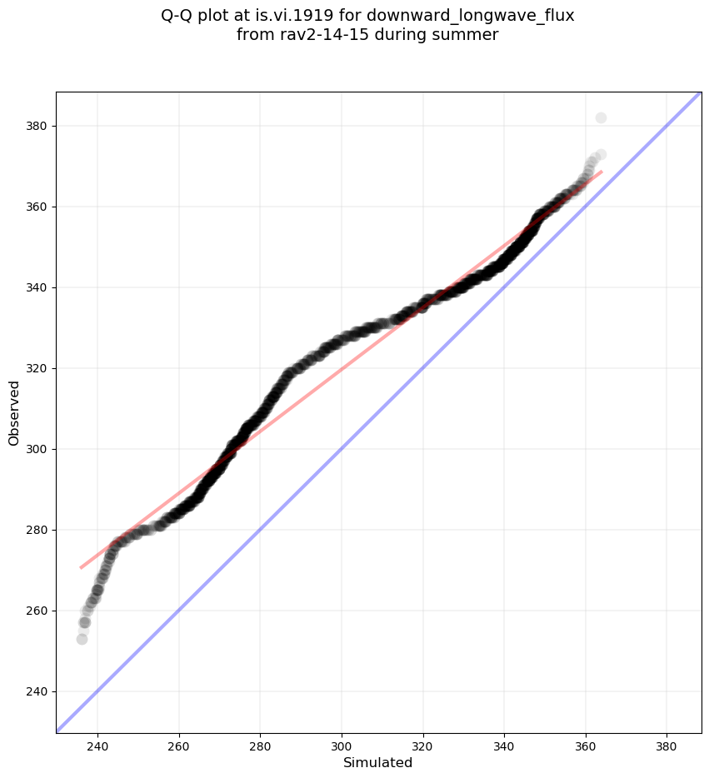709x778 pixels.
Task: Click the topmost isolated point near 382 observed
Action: coord(601,117)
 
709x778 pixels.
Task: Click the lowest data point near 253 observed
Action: coord(82,639)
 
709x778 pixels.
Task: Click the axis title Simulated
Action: coord(378,762)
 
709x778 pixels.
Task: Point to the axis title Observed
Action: coord(14,412)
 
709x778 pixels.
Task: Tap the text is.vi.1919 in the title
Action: coord(317,16)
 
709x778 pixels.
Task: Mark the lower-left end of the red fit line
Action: coord(81,568)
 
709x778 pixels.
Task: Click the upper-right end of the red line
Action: coord(602,172)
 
